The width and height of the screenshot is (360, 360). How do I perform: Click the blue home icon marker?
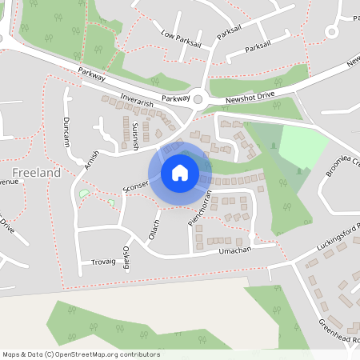[180, 172]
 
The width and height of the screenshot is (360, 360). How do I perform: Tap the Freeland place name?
[37, 172]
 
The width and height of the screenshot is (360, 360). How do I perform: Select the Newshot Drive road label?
[250, 94]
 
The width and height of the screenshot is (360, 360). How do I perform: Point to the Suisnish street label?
[135, 137]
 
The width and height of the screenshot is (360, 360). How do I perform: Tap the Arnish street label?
[91, 159]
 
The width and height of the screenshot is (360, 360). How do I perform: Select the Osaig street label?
[126, 258]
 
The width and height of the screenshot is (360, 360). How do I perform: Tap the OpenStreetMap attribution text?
[81, 354]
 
